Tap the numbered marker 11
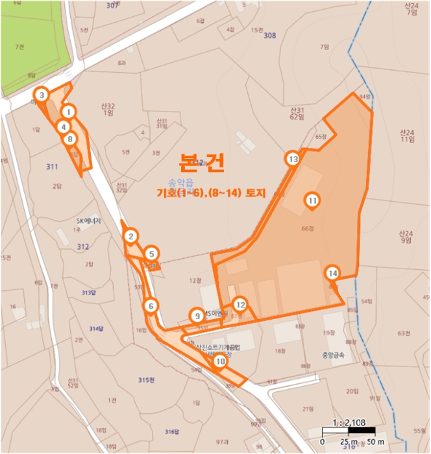312,201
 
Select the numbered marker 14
333,273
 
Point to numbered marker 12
240,304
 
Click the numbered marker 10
220,361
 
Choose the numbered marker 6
151,305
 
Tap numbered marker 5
151,254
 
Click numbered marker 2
131,237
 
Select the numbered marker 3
42,95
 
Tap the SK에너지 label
90,220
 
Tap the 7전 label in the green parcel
19,47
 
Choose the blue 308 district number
270,35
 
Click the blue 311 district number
53,167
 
